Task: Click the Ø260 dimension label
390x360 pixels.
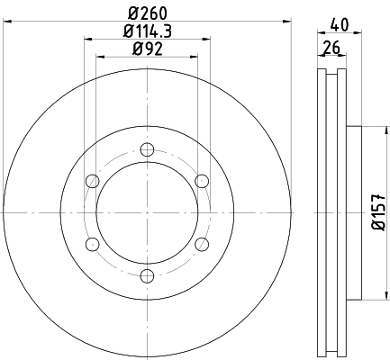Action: tap(148, 13)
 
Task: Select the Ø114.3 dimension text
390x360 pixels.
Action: tap(148, 31)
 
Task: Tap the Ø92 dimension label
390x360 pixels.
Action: tap(148, 49)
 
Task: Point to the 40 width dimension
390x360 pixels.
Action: tap(340, 25)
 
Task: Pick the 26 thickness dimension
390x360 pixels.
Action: tap(331, 48)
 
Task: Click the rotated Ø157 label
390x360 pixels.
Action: tap(378, 212)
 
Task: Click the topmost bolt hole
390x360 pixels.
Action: tap(147, 149)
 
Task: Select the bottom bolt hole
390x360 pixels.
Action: tap(147, 275)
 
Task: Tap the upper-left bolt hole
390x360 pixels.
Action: tap(93, 181)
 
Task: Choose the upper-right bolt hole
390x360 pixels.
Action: tap(202, 181)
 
